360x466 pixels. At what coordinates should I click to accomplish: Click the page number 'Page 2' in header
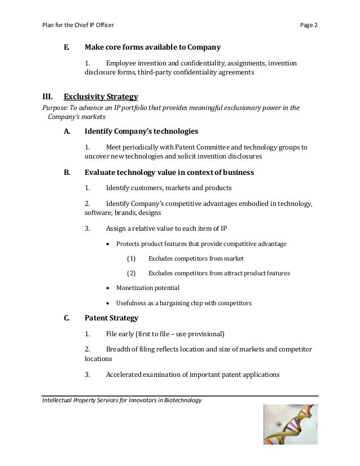coord(309,26)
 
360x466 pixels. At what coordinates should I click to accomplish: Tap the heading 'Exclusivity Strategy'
coord(101,96)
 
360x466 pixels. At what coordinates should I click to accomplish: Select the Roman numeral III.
coord(47,96)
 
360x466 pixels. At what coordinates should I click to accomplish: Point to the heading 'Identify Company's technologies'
coord(141,131)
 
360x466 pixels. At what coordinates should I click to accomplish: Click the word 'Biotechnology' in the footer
coord(179,401)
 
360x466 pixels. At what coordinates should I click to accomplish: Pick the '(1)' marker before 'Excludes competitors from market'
coord(131,258)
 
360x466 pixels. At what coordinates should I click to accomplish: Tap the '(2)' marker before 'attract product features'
coord(131,273)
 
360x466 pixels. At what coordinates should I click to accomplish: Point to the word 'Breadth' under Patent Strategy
coord(120,348)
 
